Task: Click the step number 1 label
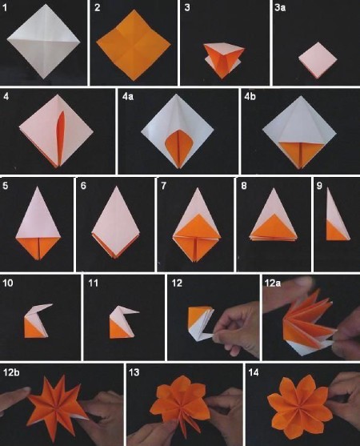pyautogui.click(x=5, y=8)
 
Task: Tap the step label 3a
pyautogui.click(x=280, y=8)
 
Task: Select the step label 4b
pyautogui.click(x=250, y=97)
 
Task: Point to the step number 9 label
pyautogui.click(x=319, y=186)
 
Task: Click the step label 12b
pyautogui.click(x=11, y=372)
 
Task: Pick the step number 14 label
pyautogui.click(x=254, y=372)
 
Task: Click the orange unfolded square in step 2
pyautogui.click(x=134, y=45)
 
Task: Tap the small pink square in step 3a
pyautogui.click(x=318, y=60)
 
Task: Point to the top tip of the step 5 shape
pyautogui.click(x=37, y=187)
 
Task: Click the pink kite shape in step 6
pyautogui.click(x=116, y=222)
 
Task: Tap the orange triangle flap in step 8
pyautogui.click(x=273, y=227)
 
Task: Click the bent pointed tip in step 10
pyautogui.click(x=51, y=305)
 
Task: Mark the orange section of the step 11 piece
pyautogui.click(x=118, y=330)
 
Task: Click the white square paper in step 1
pyautogui.click(x=43, y=42)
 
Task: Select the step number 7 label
pyautogui.click(x=163, y=186)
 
